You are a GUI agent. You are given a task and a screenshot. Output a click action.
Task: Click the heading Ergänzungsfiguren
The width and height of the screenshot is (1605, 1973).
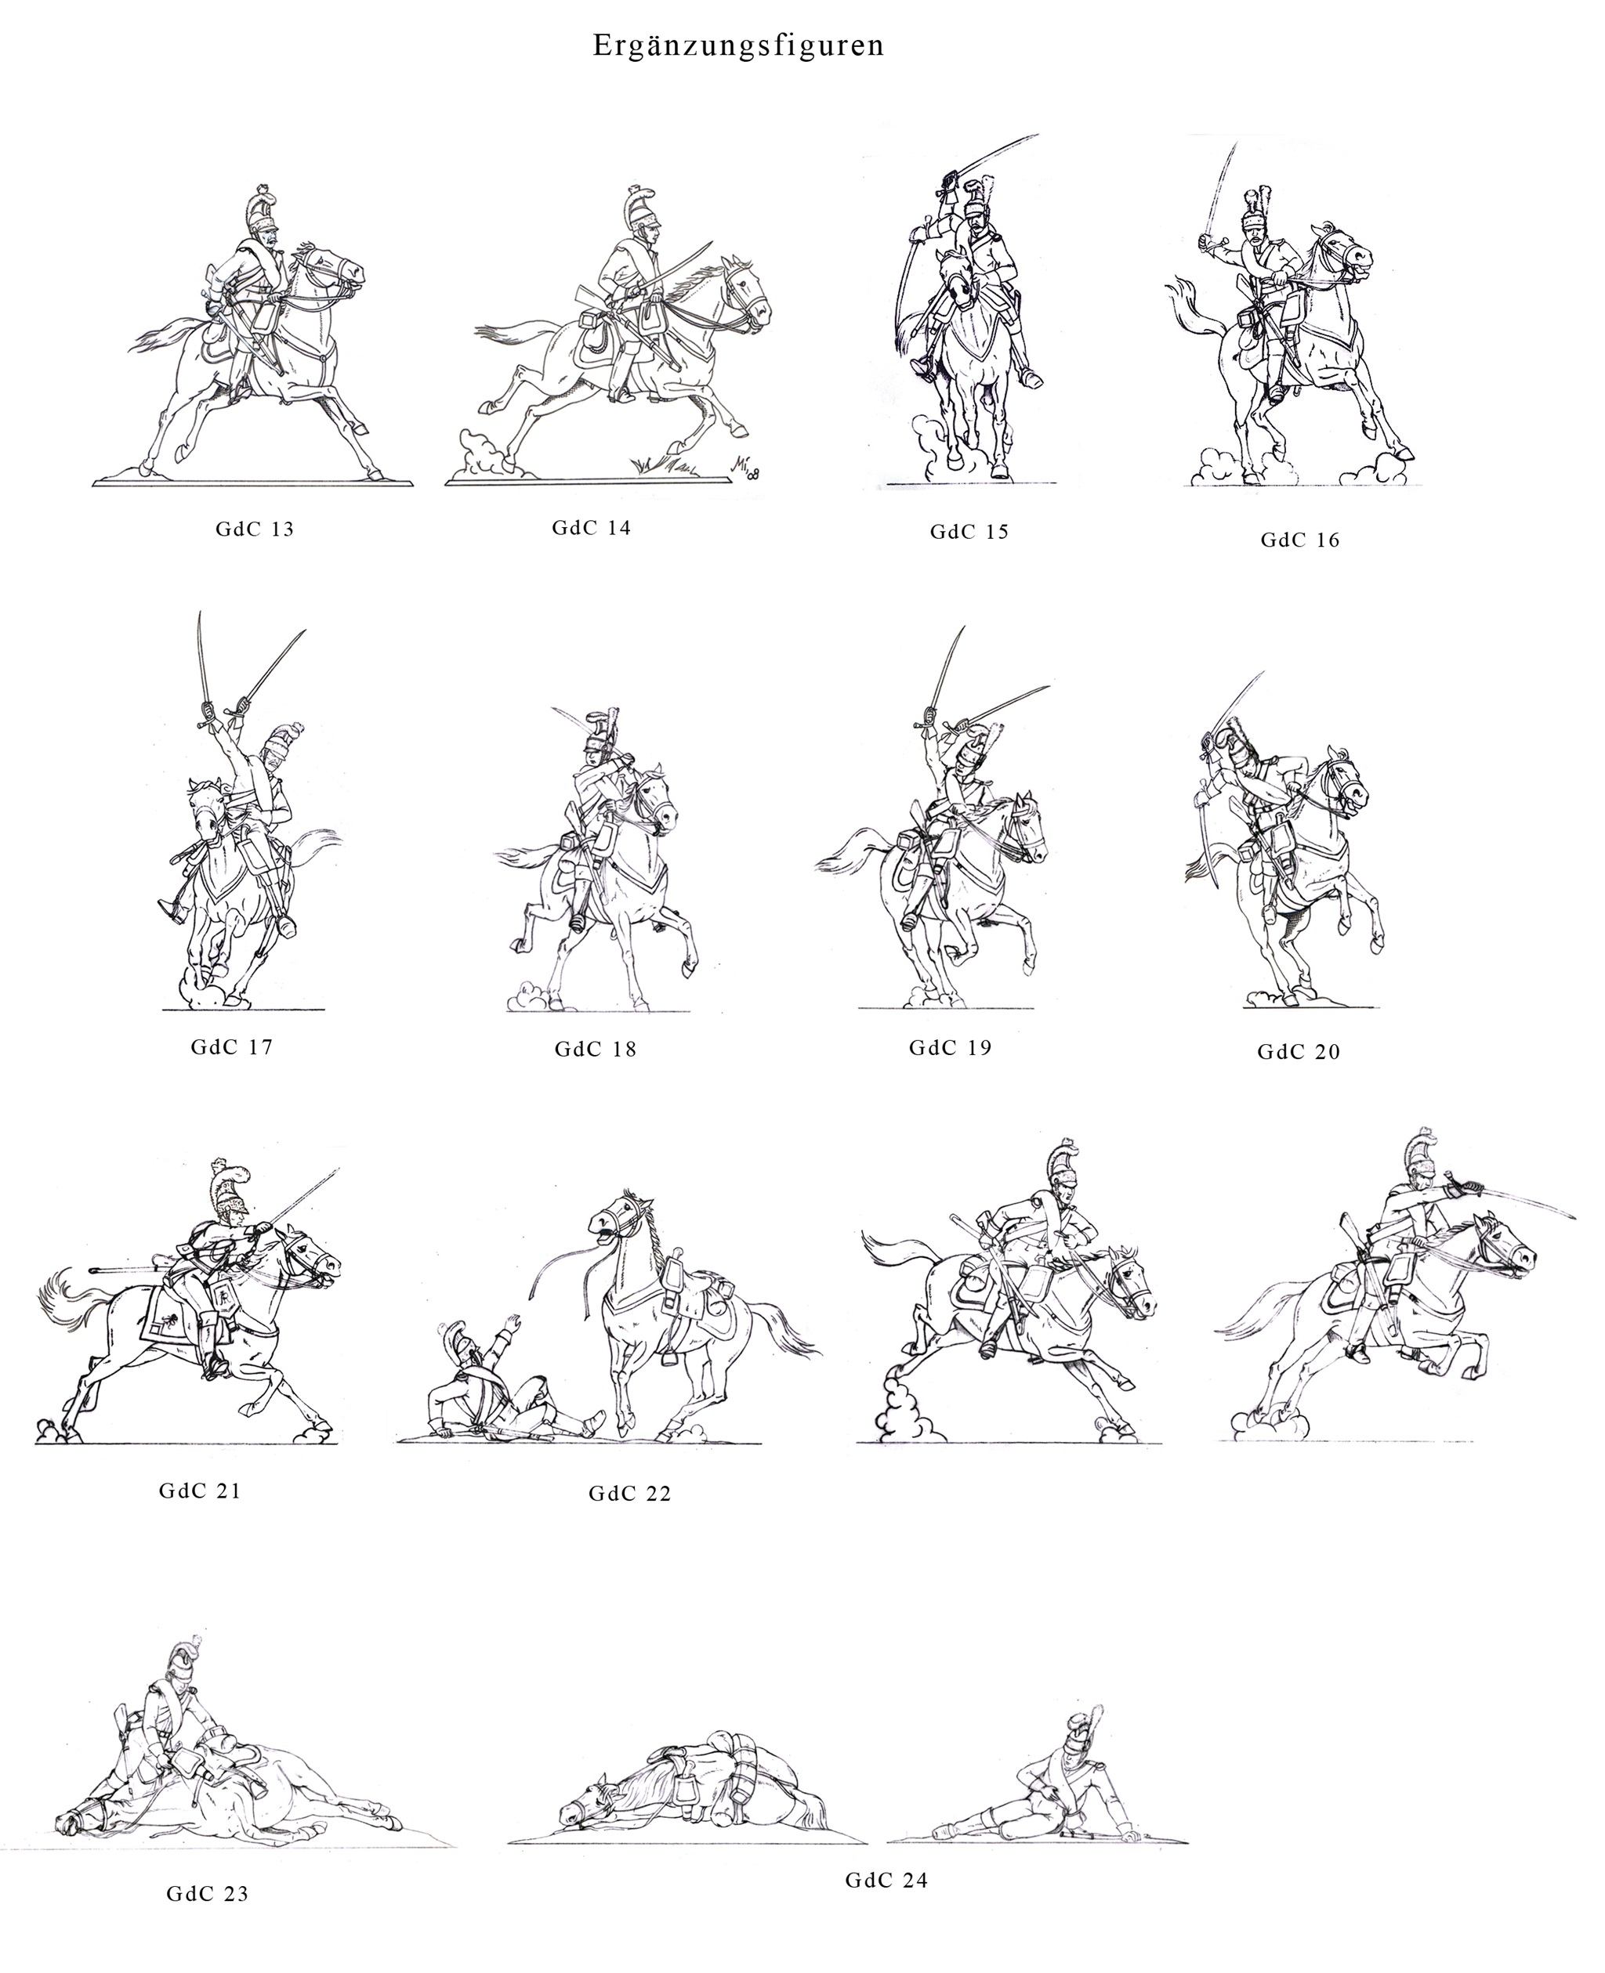pos(737,46)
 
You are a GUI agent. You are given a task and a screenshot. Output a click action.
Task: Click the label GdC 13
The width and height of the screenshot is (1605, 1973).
pos(254,529)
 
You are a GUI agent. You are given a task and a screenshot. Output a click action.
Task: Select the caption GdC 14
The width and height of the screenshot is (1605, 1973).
pos(591,527)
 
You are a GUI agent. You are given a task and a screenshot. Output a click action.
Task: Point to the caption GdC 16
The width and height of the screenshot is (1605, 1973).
pos(1300,540)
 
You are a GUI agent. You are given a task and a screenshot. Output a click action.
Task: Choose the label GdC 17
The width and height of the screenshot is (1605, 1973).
pos(232,1047)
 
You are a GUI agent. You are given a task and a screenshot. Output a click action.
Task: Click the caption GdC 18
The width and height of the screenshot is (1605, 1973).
pos(596,1049)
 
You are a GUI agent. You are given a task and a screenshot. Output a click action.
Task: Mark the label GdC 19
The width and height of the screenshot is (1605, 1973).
pos(951,1047)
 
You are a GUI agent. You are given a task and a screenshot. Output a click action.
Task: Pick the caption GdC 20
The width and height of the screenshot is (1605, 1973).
pos(1299,1051)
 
